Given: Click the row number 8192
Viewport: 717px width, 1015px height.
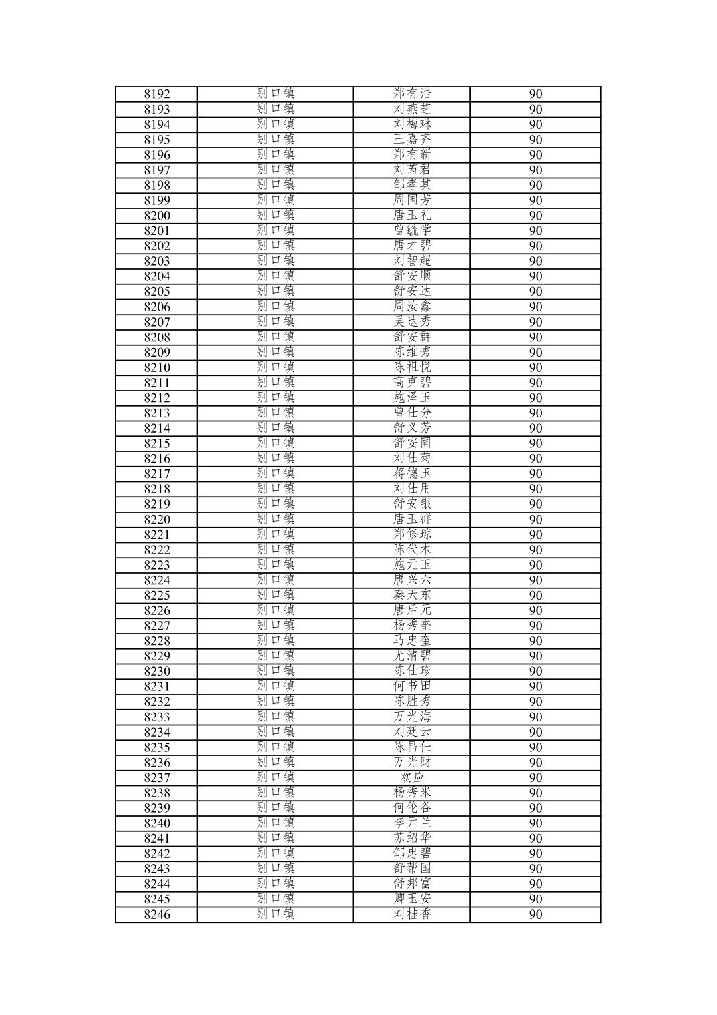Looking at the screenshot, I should pos(156,94).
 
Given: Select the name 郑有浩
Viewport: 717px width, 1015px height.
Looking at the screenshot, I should pos(412,93).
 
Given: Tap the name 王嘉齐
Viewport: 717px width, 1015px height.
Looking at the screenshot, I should pos(412,139).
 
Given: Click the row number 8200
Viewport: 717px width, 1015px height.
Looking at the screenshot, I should pos(156,216).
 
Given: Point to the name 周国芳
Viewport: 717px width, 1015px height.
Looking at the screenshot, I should pos(412,200).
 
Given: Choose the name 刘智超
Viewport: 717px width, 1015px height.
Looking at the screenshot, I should pos(412,260).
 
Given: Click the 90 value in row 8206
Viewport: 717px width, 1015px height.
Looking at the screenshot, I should pos(535,307).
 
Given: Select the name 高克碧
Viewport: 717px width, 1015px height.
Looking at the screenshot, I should pos(412,382).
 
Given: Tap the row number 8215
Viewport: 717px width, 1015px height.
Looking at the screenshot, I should pos(156,443).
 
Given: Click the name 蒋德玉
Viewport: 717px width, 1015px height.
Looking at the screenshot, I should pos(412,473).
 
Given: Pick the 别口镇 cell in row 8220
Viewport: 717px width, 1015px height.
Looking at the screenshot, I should pos(275,519).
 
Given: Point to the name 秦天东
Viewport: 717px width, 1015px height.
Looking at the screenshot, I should pos(412,595).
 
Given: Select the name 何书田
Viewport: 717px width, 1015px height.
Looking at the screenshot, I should pos(412,686).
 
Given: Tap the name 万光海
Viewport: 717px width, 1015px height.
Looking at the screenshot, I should pos(412,717).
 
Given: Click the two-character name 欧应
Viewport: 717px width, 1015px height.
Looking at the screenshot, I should pos(412,777).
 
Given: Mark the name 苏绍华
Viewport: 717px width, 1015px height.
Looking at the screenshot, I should pos(412,838).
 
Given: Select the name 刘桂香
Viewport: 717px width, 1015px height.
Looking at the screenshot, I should pos(412,914).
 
